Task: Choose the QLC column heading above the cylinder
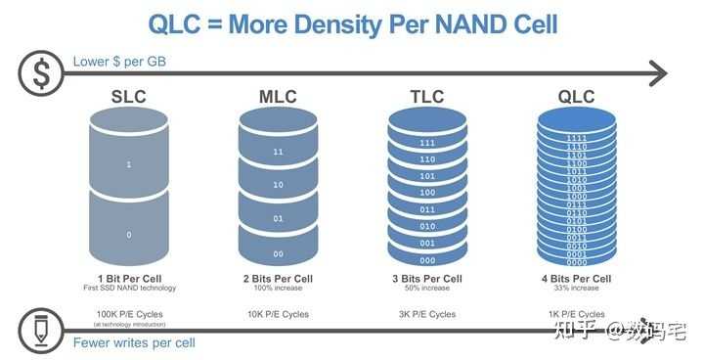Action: coord(576,98)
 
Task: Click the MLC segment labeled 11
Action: coord(278,153)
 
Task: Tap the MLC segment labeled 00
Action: coord(278,253)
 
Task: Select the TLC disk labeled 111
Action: coord(426,143)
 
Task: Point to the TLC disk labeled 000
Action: coord(426,259)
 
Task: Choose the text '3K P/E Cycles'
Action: coord(426,313)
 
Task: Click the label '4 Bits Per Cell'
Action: coord(577,278)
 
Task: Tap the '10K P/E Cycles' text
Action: coord(278,313)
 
